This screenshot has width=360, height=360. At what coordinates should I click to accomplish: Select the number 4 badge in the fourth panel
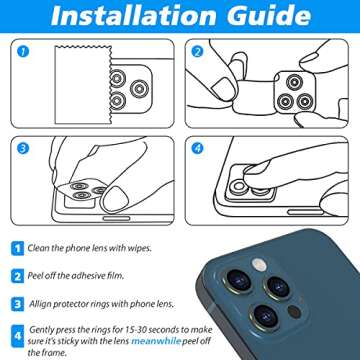coord(199,147)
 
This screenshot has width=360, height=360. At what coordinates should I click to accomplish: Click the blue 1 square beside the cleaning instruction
coord(17,245)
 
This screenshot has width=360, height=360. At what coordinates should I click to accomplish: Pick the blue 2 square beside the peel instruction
coord(17,272)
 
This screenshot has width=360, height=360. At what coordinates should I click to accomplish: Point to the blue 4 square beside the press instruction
coord(17,333)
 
